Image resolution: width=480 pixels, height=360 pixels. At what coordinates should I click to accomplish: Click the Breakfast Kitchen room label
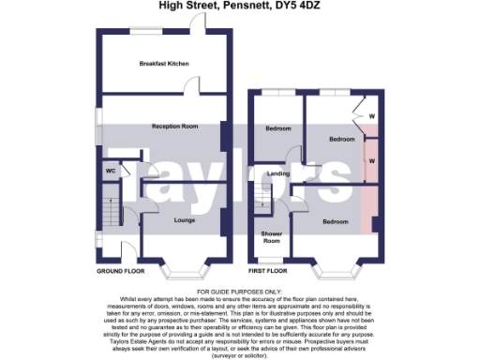click(x=164, y=64)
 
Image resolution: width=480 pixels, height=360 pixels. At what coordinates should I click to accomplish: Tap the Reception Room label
click(x=175, y=126)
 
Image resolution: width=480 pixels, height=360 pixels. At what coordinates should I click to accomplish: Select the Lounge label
click(x=185, y=220)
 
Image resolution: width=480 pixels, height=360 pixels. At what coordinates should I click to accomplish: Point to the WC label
click(x=110, y=172)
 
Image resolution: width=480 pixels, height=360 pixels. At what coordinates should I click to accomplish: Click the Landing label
click(x=277, y=174)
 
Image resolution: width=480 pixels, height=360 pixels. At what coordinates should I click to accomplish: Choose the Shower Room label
click(x=272, y=237)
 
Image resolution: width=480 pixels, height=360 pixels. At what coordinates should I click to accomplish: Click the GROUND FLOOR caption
click(x=121, y=270)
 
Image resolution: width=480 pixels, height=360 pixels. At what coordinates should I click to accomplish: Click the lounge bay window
click(x=184, y=270)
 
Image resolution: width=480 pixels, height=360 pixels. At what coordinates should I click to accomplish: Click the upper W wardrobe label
click(x=372, y=116)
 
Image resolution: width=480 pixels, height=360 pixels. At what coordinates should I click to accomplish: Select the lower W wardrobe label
click(x=372, y=160)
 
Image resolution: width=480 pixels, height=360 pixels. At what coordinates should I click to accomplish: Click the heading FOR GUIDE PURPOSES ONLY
click(x=240, y=292)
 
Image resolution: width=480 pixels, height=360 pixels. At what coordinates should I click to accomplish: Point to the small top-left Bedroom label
click(x=278, y=128)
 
